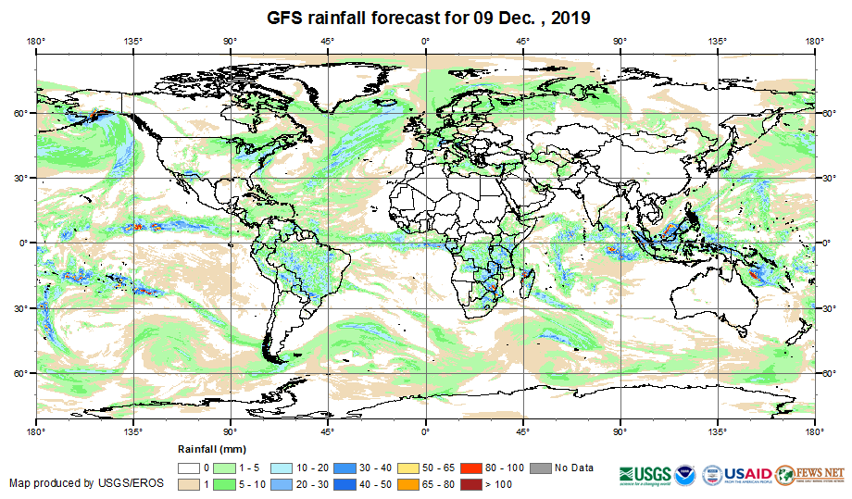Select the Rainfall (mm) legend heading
(x=207, y=449)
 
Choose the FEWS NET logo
(x=810, y=474)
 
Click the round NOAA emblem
(x=686, y=473)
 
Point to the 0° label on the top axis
(x=425, y=40)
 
